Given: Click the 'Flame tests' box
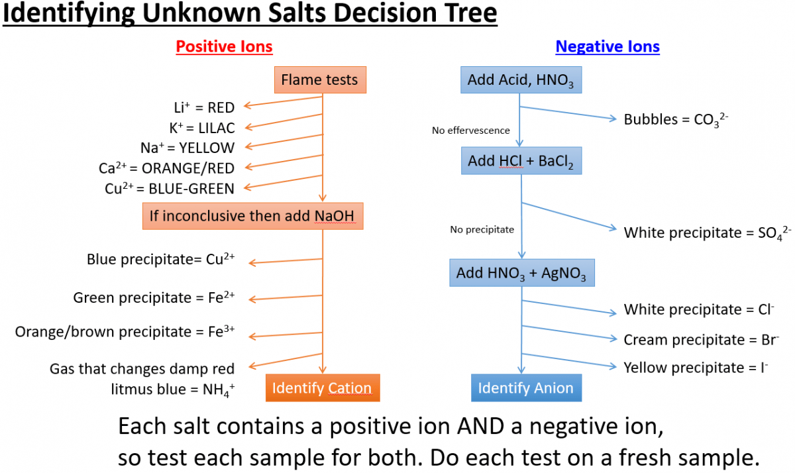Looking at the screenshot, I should (x=319, y=80).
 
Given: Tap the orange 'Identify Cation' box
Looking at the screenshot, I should (x=322, y=388).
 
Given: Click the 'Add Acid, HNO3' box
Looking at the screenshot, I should (x=521, y=80).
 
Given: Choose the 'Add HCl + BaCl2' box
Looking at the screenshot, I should (x=521, y=161).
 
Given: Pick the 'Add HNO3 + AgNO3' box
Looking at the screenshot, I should (x=521, y=273).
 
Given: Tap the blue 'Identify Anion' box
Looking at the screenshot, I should (x=526, y=388).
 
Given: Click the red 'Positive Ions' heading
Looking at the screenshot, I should (x=224, y=46).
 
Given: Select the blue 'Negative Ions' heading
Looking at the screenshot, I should (x=608, y=46).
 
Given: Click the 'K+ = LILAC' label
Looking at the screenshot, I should (x=201, y=127).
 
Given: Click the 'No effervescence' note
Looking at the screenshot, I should (x=471, y=131).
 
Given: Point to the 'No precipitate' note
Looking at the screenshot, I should (x=482, y=230).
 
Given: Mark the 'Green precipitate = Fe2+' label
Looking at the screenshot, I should (x=154, y=298).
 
